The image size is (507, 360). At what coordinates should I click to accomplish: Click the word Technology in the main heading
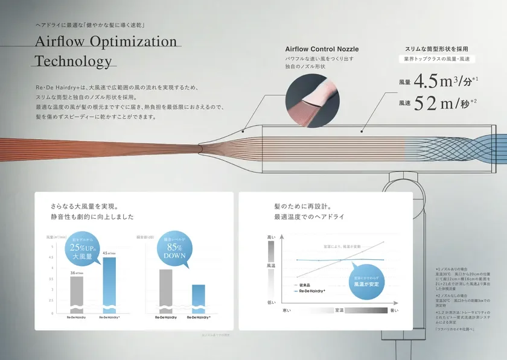[74, 61]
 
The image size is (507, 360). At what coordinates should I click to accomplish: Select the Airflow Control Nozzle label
[322, 49]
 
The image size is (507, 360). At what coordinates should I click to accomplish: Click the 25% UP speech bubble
[85, 247]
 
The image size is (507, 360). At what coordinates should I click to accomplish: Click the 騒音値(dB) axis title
[154, 238]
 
